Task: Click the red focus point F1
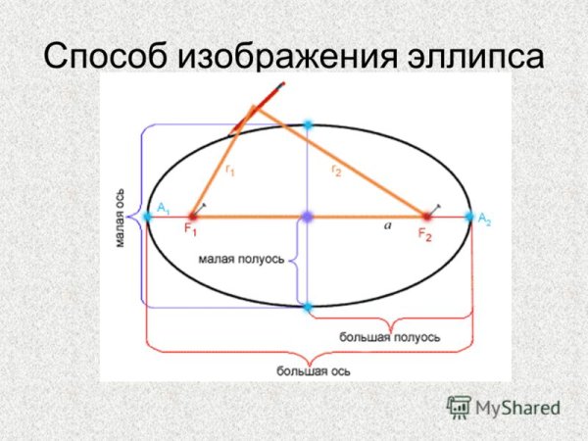[x=192, y=216]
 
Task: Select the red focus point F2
[x=426, y=216]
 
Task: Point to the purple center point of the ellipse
[x=308, y=216]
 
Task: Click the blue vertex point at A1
[x=147, y=216]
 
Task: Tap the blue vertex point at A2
[x=469, y=216]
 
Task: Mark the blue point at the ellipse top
[x=308, y=125]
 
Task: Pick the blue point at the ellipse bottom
[x=308, y=307]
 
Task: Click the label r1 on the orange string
[x=230, y=171]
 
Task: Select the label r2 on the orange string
[x=336, y=171]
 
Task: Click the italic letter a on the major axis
[x=388, y=225]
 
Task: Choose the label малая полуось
[x=241, y=260]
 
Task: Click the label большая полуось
[x=389, y=337]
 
